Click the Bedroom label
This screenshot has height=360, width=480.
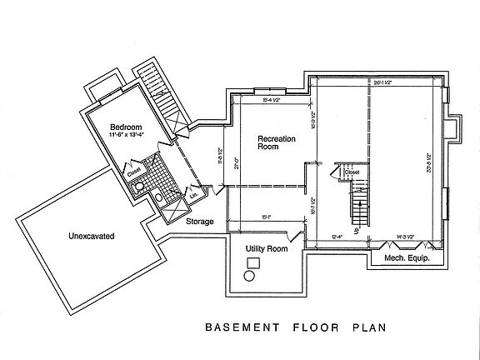click(126, 127)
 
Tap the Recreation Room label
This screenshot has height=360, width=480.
click(276, 143)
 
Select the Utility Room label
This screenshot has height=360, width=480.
click(266, 249)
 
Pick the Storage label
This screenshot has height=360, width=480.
click(200, 222)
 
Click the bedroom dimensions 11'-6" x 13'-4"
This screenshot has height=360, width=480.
click(125, 137)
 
